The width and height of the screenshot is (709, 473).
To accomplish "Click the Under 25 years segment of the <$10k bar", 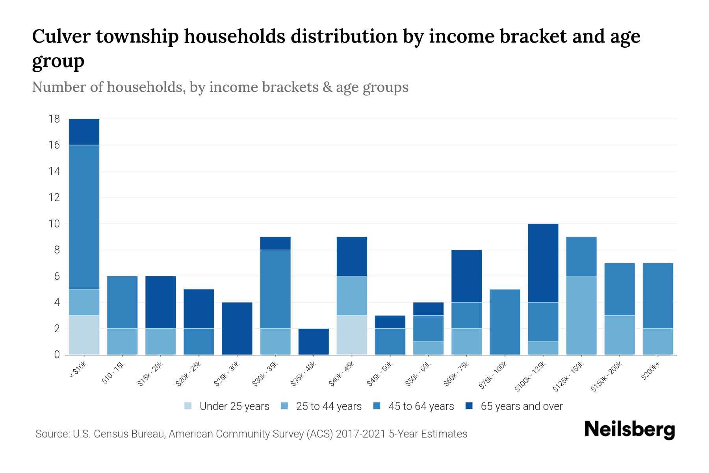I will [84, 335].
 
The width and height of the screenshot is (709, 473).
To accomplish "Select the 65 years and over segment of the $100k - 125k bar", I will [543, 263].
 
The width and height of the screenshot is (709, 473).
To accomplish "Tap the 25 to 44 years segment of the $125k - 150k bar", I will [581, 315].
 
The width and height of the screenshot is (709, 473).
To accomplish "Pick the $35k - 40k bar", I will [314, 342].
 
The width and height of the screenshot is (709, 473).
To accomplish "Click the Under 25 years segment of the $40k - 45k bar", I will [352, 335].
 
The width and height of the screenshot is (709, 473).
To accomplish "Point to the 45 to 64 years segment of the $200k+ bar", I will [658, 296].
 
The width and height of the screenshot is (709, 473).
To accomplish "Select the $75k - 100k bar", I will [505, 322].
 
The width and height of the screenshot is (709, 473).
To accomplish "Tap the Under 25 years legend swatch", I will [188, 406].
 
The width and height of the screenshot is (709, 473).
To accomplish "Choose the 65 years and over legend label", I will [521, 406].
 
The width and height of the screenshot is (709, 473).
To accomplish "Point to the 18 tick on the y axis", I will [54, 119].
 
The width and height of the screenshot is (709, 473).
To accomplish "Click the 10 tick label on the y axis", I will [54, 224].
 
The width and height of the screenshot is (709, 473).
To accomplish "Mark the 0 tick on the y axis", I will [57, 355].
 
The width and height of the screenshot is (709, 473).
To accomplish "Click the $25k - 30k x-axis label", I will [227, 374].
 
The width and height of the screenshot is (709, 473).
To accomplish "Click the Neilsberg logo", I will [629, 430].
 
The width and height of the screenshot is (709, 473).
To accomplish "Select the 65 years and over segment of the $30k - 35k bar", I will [275, 243].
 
